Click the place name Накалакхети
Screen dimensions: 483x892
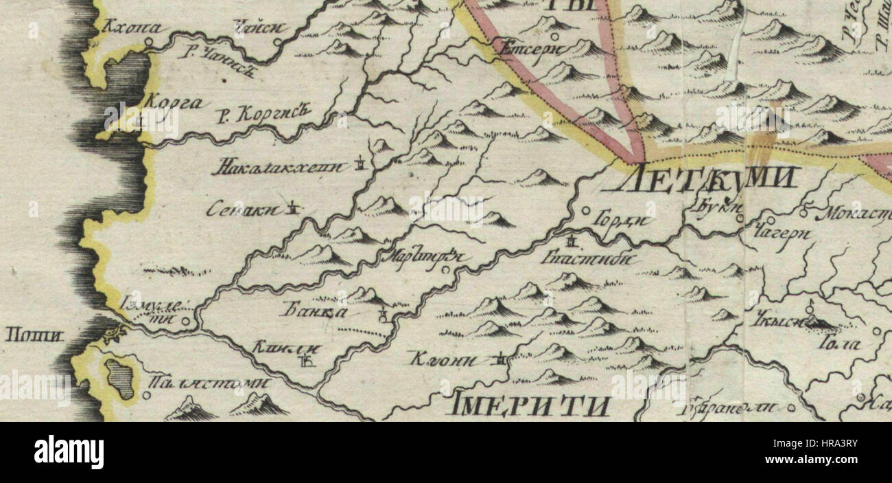click(x=282, y=166)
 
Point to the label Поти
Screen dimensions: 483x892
click(x=34, y=335)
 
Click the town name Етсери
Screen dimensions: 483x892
click(x=531, y=48)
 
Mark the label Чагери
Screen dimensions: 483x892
click(x=782, y=234)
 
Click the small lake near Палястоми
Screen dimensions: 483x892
click(x=120, y=379)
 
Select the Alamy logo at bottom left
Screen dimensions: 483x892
click(x=69, y=452)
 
